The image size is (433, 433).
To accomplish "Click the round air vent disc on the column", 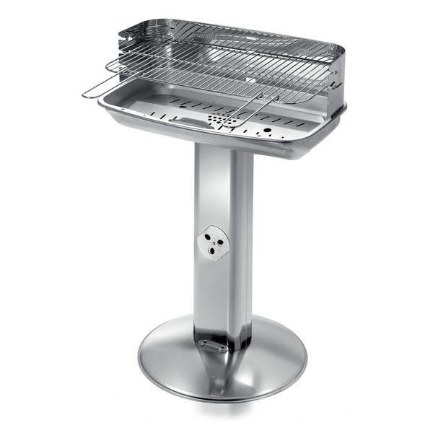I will (x=213, y=242).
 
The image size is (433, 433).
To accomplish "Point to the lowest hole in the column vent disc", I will (x=210, y=252).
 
